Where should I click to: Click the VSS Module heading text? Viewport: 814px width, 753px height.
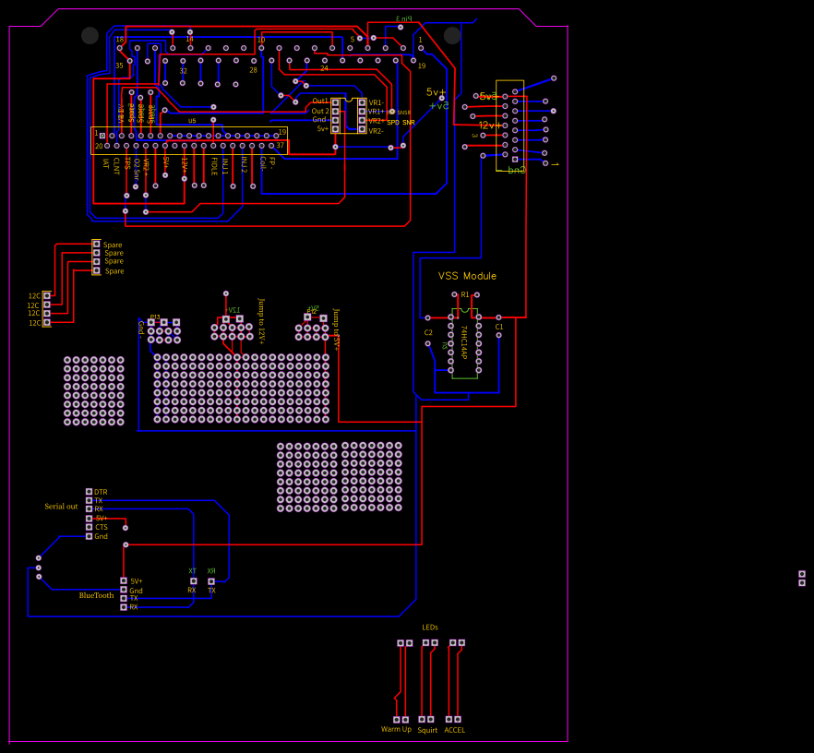tap(467, 276)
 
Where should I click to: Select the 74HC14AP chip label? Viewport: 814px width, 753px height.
tap(464, 341)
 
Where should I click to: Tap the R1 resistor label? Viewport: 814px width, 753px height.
tap(465, 294)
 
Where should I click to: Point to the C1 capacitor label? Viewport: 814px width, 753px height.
tap(499, 327)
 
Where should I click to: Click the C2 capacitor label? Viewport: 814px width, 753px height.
tap(428, 332)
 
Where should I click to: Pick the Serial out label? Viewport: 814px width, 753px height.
tap(61, 507)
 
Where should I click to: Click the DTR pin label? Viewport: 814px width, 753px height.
tap(101, 492)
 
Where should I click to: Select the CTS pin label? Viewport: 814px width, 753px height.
tap(101, 527)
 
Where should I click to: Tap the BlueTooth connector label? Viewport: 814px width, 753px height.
tap(96, 595)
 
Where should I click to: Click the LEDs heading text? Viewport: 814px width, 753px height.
tap(430, 627)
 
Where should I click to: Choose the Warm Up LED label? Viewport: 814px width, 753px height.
tap(396, 730)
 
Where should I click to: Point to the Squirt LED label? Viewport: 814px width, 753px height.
tap(427, 730)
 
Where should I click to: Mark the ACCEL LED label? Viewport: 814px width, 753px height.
tap(455, 730)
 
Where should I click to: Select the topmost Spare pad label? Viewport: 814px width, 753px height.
tap(114, 245)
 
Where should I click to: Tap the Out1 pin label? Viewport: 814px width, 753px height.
tap(320, 101)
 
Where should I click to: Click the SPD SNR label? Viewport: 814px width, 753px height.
tap(401, 122)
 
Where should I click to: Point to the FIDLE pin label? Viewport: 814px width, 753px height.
tap(213, 166)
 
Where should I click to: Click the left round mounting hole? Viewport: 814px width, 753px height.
tap(90, 35)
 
